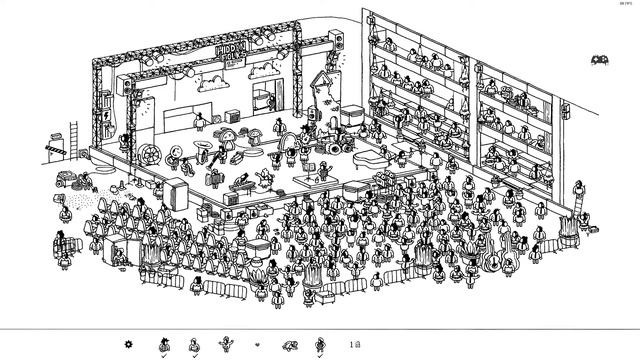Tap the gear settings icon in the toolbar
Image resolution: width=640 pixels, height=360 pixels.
coord(128,345)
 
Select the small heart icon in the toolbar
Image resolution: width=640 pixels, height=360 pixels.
coord(257,345)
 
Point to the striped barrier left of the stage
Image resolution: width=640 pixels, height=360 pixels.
coord(54,149)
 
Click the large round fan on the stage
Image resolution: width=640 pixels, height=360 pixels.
coord(146,152)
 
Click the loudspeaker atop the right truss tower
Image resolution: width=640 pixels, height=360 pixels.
coord(337,41)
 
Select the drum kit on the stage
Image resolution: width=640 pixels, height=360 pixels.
coord(334,141)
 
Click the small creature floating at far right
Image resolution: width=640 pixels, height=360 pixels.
coord(601,60)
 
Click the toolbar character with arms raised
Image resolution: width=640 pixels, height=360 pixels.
coord(225,345)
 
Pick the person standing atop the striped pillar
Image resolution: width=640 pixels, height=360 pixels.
coord(578,194)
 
